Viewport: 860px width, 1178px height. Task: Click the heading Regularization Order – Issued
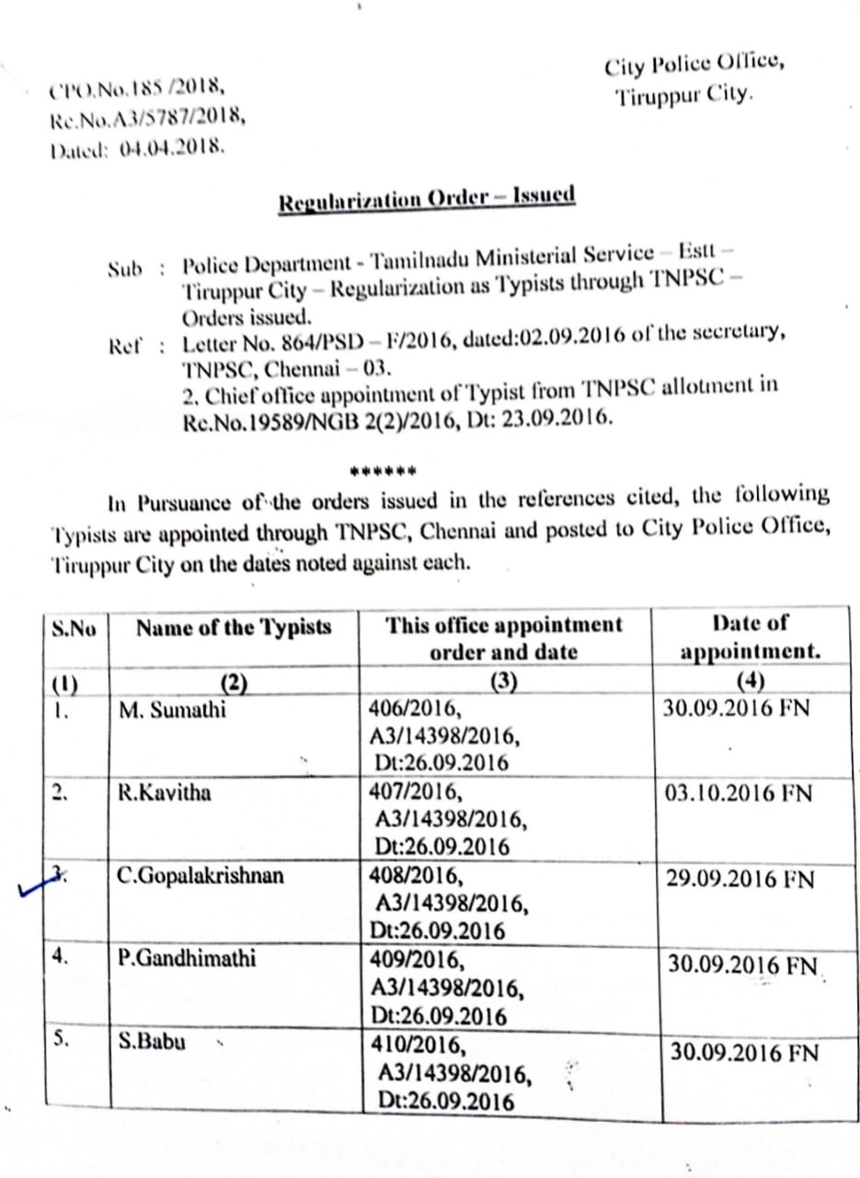tap(427, 198)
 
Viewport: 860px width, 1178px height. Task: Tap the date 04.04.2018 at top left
tap(171, 145)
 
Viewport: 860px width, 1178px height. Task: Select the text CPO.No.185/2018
tap(138, 90)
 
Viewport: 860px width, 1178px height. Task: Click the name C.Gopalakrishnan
tap(201, 874)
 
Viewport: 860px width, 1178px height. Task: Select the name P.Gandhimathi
tap(188, 958)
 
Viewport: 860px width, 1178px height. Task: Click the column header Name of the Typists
tap(234, 629)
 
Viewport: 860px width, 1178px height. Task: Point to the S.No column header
tap(75, 631)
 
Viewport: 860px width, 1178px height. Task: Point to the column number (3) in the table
tap(503, 683)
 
